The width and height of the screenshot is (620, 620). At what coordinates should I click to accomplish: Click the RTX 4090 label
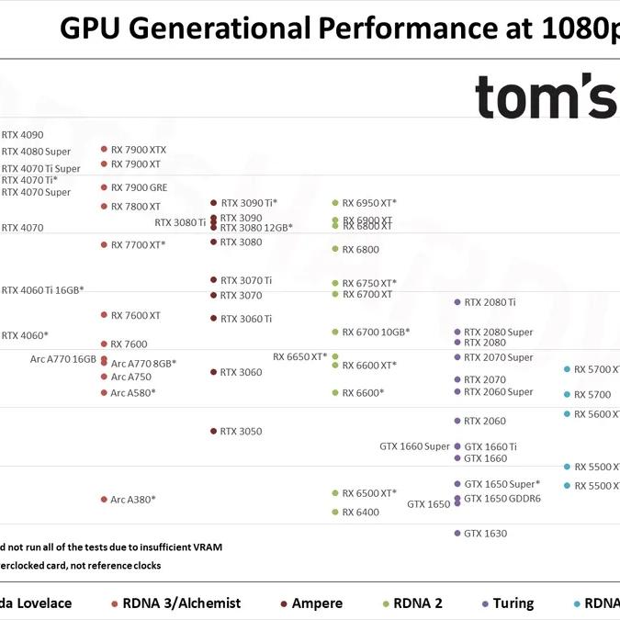(22, 135)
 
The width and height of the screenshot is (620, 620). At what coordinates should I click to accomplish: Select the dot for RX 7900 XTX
(105, 149)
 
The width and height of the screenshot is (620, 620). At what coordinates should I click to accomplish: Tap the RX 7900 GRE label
(139, 187)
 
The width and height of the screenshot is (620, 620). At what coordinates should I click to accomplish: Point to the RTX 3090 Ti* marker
(213, 203)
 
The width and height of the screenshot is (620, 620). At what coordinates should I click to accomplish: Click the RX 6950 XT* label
(369, 203)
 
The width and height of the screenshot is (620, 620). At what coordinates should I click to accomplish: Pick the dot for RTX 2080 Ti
(457, 302)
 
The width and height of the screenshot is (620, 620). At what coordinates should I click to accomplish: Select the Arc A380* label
(133, 500)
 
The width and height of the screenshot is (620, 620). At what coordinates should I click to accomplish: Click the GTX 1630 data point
(457, 533)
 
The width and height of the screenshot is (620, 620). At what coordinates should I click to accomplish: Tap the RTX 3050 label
(241, 432)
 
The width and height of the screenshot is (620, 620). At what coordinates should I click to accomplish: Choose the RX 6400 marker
(335, 513)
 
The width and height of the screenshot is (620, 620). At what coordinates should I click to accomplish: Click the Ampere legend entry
(317, 603)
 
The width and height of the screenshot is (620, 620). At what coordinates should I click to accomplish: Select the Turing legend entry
(513, 603)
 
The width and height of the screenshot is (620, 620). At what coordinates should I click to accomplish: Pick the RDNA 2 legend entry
(419, 603)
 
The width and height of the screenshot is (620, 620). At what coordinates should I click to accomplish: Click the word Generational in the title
(242, 29)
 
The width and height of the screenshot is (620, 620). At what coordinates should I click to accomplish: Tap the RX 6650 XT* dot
(335, 356)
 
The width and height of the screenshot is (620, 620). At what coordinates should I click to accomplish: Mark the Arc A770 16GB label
(63, 359)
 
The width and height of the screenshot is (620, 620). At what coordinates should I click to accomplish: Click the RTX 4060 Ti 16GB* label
(42, 290)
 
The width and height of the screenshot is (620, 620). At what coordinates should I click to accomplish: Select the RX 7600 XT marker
(105, 315)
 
